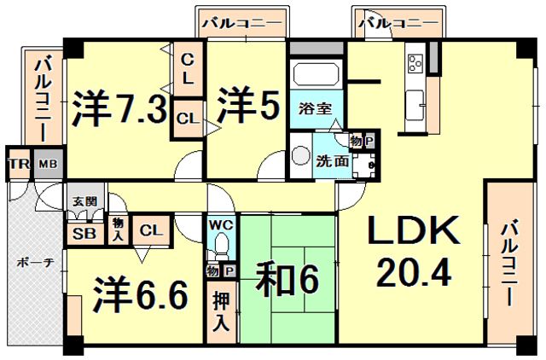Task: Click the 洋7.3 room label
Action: tap(119, 108)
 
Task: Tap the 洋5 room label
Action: tap(247, 107)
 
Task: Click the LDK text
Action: tap(415, 232)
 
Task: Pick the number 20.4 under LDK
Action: tap(415, 272)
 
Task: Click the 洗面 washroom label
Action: tap(331, 160)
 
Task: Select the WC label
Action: tap(220, 226)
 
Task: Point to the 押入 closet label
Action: tap(221, 311)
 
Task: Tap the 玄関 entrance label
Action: tap(84, 200)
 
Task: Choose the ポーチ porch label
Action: tap(34, 264)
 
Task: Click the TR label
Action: tap(18, 163)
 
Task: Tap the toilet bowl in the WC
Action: tap(220, 246)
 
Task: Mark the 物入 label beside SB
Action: tap(118, 229)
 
